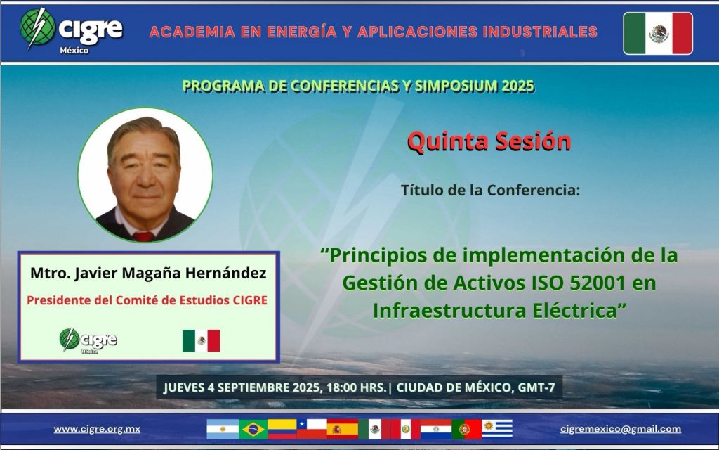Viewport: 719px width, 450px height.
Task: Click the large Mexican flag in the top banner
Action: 658,34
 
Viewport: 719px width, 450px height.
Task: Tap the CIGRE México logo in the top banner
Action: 72,30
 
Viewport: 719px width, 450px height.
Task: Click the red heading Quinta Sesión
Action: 489,141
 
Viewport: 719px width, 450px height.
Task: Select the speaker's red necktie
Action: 143,236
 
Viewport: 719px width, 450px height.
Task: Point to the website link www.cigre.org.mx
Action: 97,429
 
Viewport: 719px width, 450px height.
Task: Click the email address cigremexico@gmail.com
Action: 621,429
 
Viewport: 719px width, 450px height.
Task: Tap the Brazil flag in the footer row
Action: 253,430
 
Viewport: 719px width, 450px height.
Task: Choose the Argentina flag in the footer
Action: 223,430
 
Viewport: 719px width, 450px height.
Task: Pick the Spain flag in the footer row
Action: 342,430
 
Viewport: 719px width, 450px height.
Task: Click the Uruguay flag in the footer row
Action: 496,429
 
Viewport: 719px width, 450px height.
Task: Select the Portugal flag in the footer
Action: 466,430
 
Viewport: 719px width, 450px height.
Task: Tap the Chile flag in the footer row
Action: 312,430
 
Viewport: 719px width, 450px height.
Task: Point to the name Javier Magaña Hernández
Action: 170,274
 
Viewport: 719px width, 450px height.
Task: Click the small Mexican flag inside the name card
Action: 202,341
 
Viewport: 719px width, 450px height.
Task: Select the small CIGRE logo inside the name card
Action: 88,340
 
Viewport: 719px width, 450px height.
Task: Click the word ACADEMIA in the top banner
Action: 192,32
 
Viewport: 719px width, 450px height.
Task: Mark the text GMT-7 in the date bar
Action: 536,387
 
